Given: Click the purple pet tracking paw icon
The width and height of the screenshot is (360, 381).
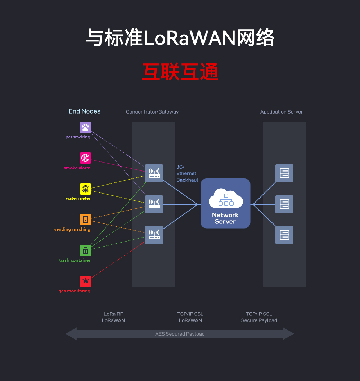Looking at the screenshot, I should [85, 127].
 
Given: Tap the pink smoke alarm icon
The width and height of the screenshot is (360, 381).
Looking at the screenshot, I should [85, 158].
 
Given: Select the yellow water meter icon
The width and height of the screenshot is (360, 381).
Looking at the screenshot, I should [85, 189].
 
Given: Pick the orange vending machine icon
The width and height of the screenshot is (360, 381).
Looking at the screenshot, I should [85, 220].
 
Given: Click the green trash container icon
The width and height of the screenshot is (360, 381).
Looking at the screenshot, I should [85, 251].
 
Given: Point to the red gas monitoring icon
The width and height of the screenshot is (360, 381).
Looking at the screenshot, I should [85, 281].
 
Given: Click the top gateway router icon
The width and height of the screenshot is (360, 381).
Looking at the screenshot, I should [154, 173].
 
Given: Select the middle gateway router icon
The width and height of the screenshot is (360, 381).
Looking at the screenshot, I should [154, 204].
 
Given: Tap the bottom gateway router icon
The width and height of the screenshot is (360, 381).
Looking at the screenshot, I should [154, 235].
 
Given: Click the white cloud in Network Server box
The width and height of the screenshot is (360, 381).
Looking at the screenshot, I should [226, 198].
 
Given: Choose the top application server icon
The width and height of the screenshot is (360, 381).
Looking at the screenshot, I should [284, 173].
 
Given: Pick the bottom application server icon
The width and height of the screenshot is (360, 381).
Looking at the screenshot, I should [284, 235].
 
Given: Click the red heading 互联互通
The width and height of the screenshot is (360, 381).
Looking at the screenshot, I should [180, 72].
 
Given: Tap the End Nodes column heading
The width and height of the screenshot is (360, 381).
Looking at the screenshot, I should [85, 111].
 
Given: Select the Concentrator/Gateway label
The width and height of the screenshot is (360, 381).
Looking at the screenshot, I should [152, 112].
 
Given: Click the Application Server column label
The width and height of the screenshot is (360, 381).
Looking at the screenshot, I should [282, 112].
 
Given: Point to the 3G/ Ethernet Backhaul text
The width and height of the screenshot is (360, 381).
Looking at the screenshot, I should [187, 173].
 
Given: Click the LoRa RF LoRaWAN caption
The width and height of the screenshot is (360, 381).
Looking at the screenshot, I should [113, 317].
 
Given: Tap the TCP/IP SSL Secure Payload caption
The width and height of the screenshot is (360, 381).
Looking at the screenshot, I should [259, 317].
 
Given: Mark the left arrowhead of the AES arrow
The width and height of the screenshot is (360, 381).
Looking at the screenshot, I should [71, 334].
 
